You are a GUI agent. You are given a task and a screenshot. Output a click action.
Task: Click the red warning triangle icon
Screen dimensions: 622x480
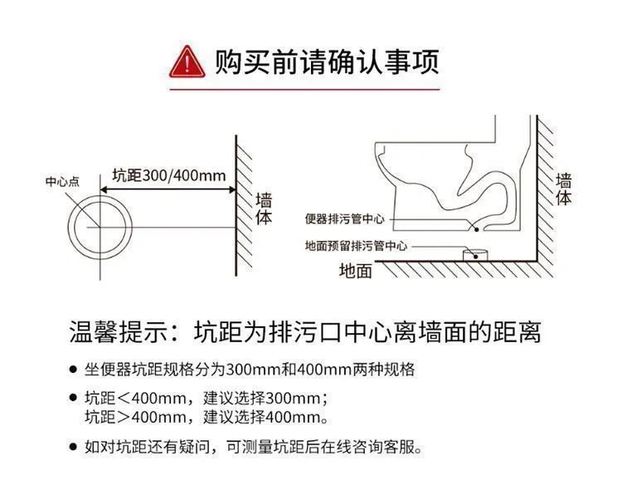tap(187, 62)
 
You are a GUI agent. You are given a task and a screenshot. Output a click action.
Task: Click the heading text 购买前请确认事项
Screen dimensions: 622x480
tap(327, 61)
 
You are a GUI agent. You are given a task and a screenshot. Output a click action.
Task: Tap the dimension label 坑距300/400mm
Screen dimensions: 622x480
tap(169, 175)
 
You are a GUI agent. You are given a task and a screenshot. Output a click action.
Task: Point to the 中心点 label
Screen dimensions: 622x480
tap(62, 182)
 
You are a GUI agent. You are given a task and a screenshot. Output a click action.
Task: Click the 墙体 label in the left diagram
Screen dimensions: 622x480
tap(264, 209)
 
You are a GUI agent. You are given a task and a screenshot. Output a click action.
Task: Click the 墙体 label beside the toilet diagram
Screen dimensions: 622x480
tap(563, 189)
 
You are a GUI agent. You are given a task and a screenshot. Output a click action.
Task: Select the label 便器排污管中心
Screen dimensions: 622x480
tap(344, 218)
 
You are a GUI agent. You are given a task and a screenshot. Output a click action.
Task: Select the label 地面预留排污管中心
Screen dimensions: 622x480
tap(356, 246)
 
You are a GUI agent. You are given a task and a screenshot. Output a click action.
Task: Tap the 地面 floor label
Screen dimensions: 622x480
tap(356, 271)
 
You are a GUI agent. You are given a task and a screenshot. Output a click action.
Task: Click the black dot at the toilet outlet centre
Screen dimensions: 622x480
tap(477, 229)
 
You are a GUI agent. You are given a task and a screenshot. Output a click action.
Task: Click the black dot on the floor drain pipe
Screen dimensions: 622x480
tap(476, 257)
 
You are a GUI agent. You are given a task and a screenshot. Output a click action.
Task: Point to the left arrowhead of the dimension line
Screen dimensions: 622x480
tap(104, 189)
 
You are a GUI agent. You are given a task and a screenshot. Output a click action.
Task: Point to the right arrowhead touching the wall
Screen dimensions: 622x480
tap(231, 189)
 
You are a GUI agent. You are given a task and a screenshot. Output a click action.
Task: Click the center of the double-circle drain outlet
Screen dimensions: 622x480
tap(100, 228)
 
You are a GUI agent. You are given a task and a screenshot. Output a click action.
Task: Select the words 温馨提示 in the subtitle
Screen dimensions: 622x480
tap(118, 331)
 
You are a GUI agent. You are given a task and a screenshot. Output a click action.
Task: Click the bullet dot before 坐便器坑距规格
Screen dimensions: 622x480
tap(73, 370)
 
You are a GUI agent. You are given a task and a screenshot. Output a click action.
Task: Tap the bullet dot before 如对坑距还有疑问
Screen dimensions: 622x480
tap(73, 447)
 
